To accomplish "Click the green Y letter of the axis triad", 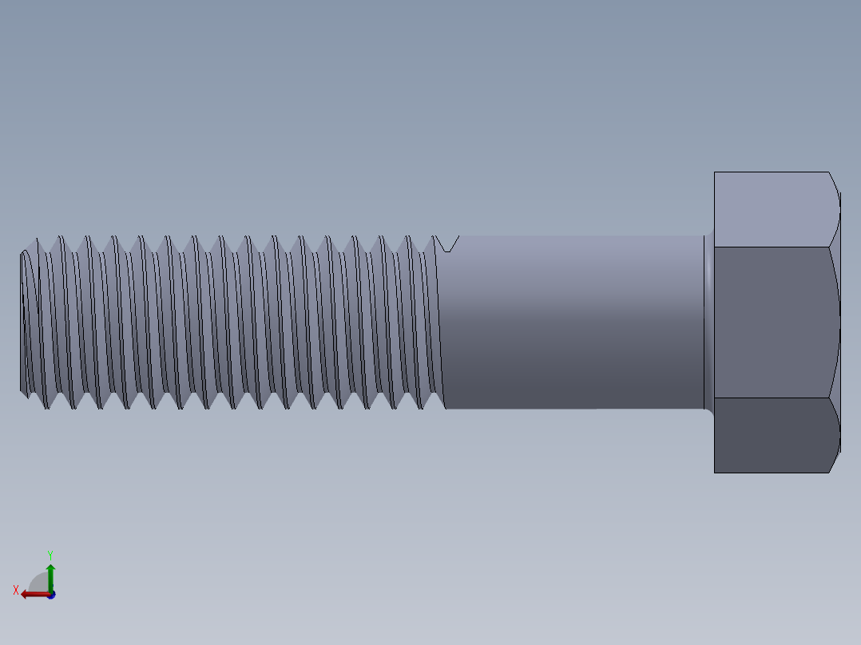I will [50, 554].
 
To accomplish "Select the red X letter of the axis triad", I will [16, 591].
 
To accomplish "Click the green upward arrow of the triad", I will [50, 573].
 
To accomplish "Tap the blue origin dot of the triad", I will [51, 595].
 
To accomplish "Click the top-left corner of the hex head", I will [715, 172].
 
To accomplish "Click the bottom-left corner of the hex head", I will [715, 473].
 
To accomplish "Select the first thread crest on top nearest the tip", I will [34, 239].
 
